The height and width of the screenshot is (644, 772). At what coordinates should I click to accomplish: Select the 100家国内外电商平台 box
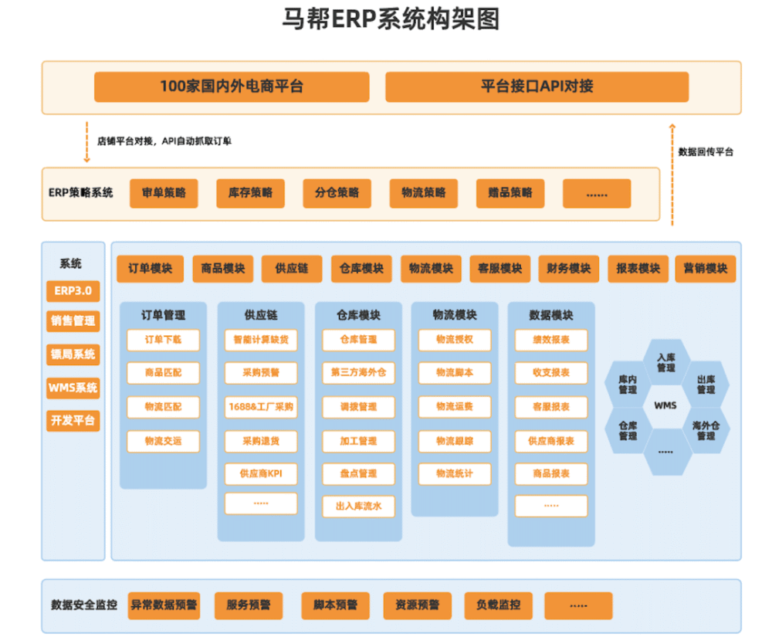tap(232, 86)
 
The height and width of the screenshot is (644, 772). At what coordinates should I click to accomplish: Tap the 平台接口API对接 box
tap(537, 86)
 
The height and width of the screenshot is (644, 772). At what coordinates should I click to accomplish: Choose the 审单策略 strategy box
tap(163, 193)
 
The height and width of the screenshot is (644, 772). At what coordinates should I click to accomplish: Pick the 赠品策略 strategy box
tap(510, 193)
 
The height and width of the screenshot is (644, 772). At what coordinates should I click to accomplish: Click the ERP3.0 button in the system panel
tap(73, 291)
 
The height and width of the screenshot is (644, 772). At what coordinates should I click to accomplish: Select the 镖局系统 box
tap(73, 354)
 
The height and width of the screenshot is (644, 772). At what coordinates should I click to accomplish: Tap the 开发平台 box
tap(73, 420)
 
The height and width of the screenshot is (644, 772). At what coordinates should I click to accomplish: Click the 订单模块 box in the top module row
tap(150, 269)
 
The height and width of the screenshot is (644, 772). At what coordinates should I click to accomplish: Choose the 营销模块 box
tap(706, 269)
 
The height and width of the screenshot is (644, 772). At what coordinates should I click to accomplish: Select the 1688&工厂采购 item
tap(260, 407)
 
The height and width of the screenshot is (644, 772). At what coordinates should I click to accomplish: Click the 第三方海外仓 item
tap(358, 373)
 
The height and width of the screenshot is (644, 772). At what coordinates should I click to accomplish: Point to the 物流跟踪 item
tap(455, 441)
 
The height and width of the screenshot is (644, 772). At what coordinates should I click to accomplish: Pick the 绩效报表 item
tap(551, 340)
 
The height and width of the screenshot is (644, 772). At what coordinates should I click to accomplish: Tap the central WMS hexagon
tap(665, 405)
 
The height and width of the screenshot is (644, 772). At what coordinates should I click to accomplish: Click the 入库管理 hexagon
tap(665, 362)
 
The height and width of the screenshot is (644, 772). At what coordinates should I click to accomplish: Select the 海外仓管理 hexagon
tap(705, 430)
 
